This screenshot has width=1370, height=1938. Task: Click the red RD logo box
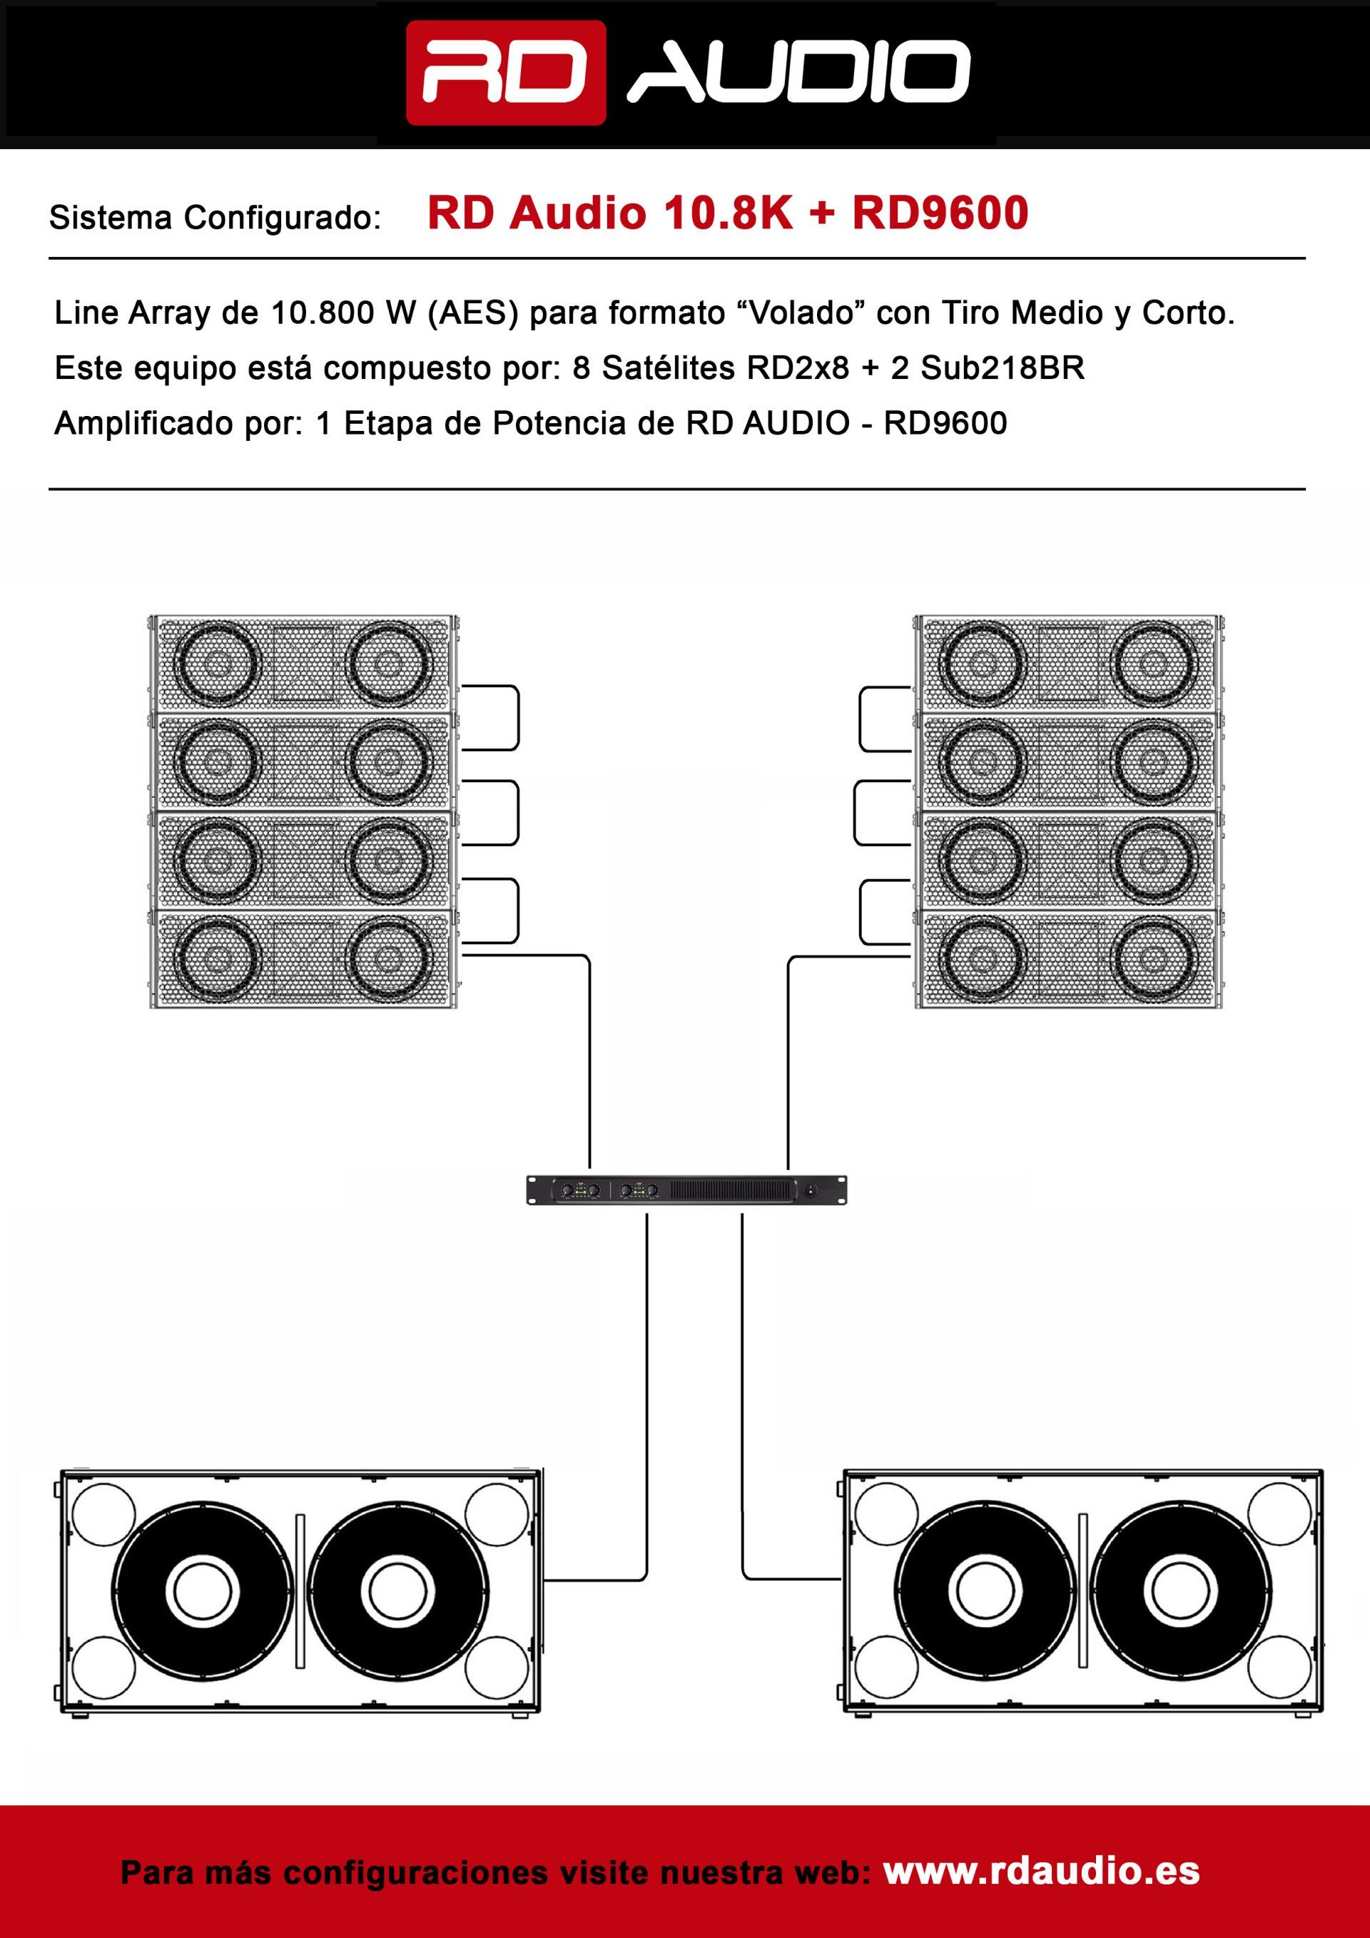click(506, 73)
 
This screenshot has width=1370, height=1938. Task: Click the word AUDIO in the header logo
click(799, 73)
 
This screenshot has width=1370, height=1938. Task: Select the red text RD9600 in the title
click(940, 213)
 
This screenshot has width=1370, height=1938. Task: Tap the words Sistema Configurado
click(214, 218)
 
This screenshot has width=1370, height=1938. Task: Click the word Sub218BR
click(1002, 368)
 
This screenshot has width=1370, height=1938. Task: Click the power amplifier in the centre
click(686, 1189)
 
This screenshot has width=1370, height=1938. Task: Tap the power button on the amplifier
click(811, 1190)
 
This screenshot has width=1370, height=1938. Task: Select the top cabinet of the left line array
click(304, 664)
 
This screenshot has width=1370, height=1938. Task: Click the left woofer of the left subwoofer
click(203, 1592)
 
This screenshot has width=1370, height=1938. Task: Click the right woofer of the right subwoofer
click(1180, 1592)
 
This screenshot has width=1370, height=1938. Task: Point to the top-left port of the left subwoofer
click(103, 1516)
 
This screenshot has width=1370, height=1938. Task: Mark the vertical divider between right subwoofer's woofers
click(1083, 1591)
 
